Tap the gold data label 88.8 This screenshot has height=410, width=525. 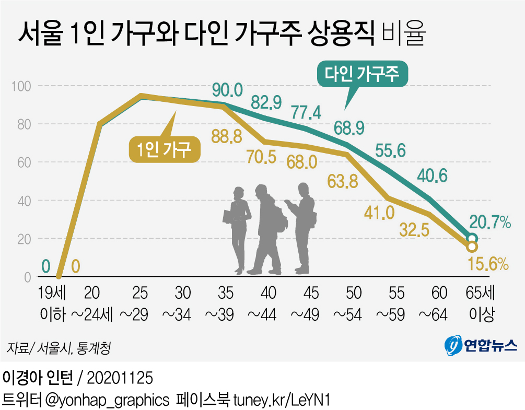pyautogui.click(x=226, y=137)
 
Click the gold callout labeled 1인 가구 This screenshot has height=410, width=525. pyautogui.click(x=164, y=148)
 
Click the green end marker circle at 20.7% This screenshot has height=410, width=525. pyautogui.click(x=472, y=238)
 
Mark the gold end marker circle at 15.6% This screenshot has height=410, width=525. pyautogui.click(x=472, y=247)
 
